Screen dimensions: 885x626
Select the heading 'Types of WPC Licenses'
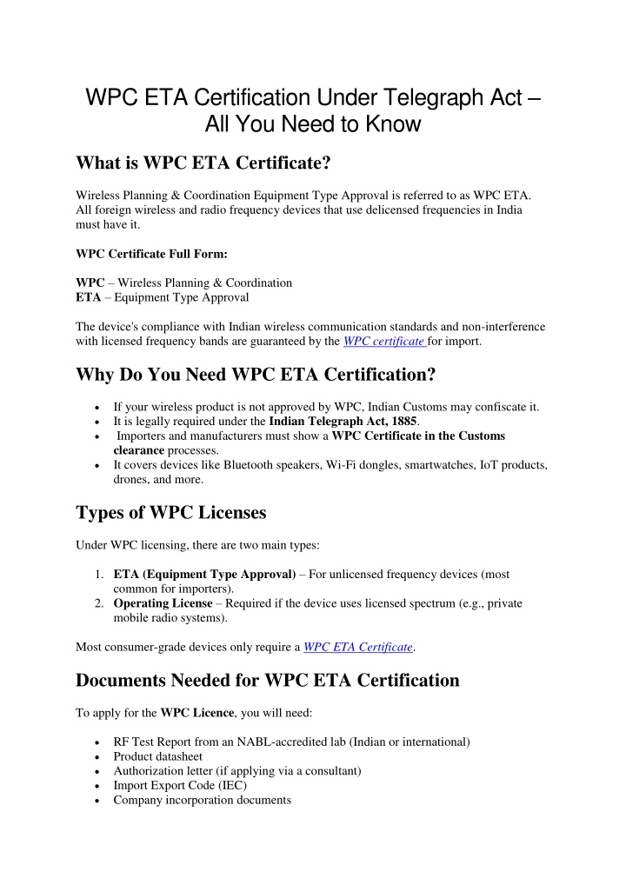pos(170,512)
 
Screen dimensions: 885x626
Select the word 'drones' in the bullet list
pos(132,480)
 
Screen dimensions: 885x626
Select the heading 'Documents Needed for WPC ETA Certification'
pos(268,680)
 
